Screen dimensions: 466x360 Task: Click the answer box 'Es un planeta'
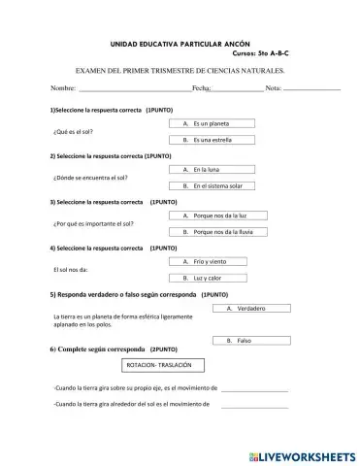(x=212, y=125)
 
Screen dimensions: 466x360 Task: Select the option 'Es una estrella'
(x=212, y=141)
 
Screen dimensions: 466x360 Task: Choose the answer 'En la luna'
(x=212, y=170)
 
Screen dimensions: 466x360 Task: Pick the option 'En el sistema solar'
(x=212, y=185)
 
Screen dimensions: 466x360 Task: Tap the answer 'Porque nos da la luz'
(x=212, y=216)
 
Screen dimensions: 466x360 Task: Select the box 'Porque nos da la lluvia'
(x=212, y=232)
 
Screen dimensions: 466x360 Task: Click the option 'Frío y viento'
(x=212, y=262)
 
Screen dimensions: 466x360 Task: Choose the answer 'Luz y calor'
(x=212, y=278)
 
